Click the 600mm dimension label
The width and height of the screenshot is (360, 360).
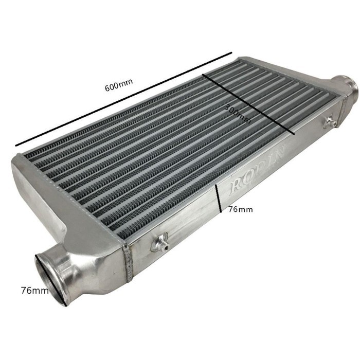(119, 87)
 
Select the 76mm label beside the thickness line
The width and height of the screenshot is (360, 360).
(240, 209)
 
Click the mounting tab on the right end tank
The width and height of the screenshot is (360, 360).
(329, 121)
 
